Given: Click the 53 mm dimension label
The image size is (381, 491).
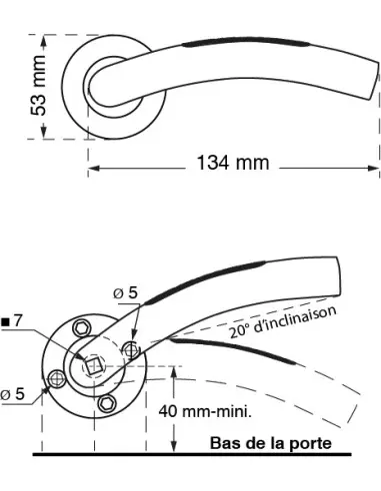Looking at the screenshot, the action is pos(38,86).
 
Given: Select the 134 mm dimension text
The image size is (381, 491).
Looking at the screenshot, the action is pos(233,163).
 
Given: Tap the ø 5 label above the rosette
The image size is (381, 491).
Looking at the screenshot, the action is pos(125,292).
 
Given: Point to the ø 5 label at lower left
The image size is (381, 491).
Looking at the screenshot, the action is pos(12,394).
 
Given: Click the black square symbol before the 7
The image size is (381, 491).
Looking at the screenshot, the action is pos(5,321).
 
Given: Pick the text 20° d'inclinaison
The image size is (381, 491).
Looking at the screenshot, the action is pos(282,322).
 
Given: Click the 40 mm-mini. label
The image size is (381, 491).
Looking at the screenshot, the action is pos(205,411).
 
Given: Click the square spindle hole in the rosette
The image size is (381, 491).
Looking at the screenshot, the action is pos(92,365).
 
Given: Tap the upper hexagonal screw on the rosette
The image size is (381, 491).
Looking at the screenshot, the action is pos(81,328).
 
